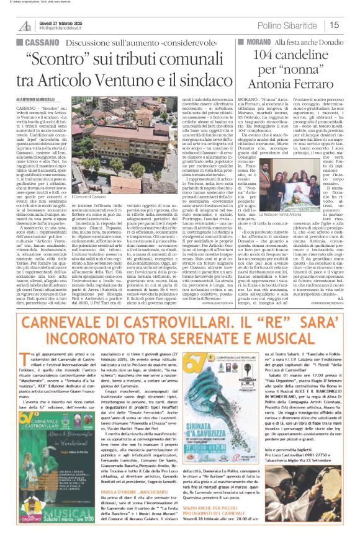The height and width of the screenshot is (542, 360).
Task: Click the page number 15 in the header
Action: pos(351,25)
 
